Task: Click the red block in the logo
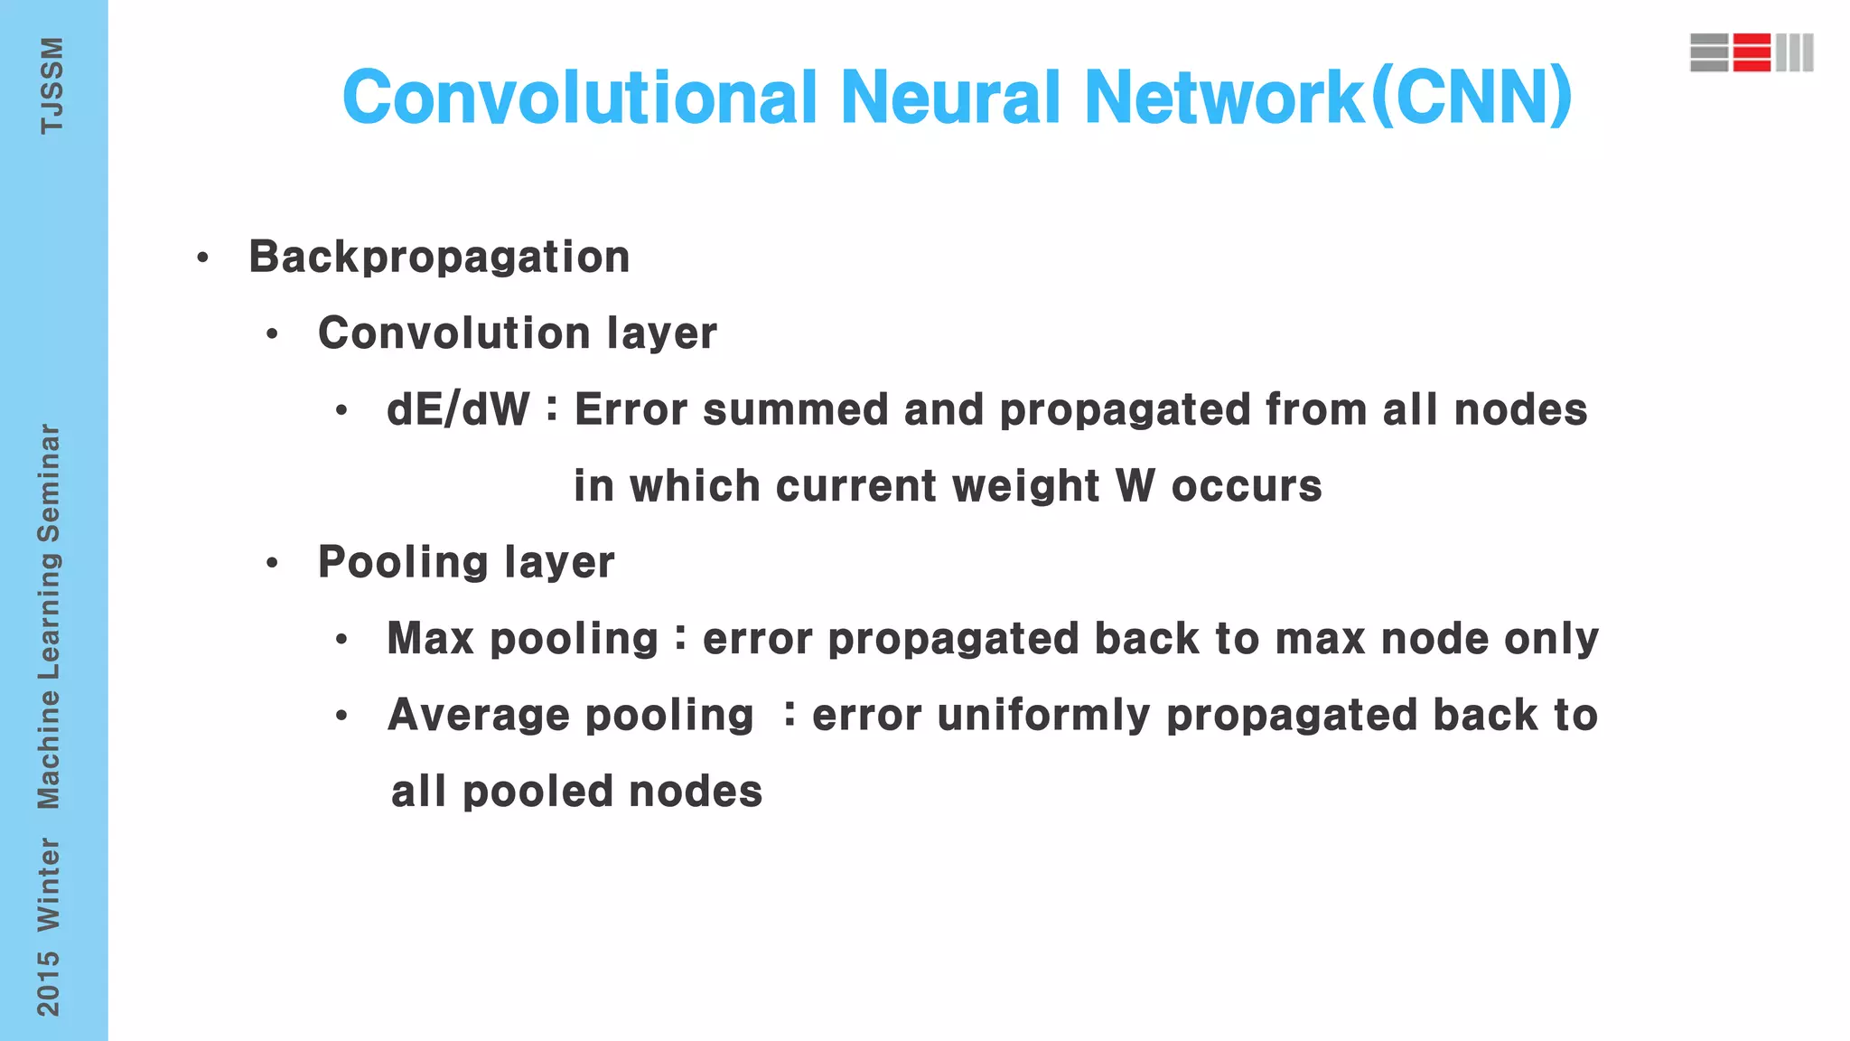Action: tap(1752, 52)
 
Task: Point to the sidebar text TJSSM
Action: tap(51, 86)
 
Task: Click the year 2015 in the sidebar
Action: tap(49, 983)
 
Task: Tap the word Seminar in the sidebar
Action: tap(49, 483)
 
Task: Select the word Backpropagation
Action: tap(439, 258)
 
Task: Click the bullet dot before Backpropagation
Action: tap(202, 258)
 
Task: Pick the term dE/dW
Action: tap(458, 410)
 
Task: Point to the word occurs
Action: tap(1247, 486)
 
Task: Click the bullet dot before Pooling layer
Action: tap(272, 564)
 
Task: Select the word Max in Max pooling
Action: tap(430, 639)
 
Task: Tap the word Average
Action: tap(478, 715)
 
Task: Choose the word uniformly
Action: tap(1043, 715)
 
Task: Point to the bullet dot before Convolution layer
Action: tap(272, 335)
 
